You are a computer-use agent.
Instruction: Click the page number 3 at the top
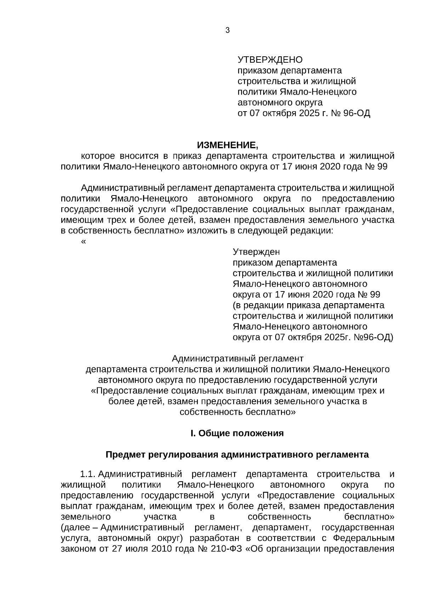[x=227, y=30]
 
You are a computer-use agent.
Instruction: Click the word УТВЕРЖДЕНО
[x=270, y=59]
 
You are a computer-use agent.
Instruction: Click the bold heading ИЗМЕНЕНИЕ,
[x=228, y=145]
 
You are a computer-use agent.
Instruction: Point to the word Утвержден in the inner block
[x=256, y=252]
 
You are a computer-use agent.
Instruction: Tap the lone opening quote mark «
[x=83, y=242]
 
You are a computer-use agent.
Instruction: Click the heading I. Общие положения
[x=237, y=433]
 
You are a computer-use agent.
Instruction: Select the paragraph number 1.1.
[x=87, y=474]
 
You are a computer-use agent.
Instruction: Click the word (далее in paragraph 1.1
[x=76, y=527]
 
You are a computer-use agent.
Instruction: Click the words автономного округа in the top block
[x=280, y=103]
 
